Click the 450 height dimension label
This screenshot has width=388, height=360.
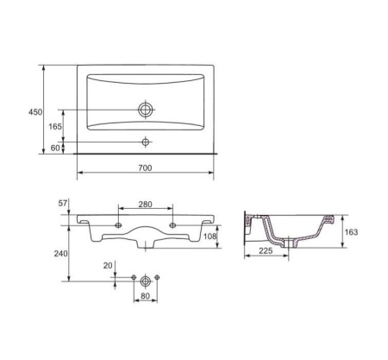(x=35, y=112)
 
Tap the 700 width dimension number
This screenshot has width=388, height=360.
(x=145, y=167)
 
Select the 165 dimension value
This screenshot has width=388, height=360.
(x=55, y=126)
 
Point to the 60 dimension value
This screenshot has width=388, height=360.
(x=55, y=148)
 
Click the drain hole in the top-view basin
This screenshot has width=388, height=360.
(x=146, y=110)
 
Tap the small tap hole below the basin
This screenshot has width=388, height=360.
(x=146, y=142)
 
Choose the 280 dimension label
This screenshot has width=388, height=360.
(x=145, y=205)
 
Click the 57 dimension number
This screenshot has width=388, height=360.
(x=63, y=203)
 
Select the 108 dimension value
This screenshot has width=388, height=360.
(x=210, y=237)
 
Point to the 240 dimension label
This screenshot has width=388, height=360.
(x=61, y=254)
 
